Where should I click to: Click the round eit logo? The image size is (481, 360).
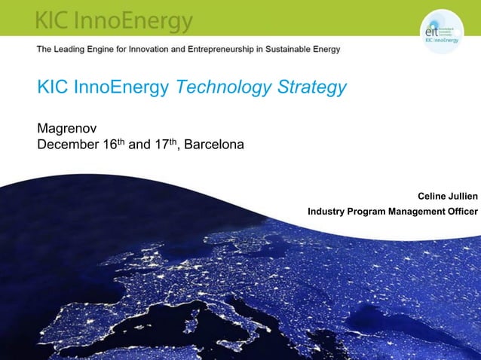click(440, 32)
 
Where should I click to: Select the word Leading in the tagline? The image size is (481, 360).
click(78, 50)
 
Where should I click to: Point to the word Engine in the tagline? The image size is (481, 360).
click(115, 50)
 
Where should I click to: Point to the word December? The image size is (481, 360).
click(68, 143)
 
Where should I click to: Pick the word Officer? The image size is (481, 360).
click(461, 211)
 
